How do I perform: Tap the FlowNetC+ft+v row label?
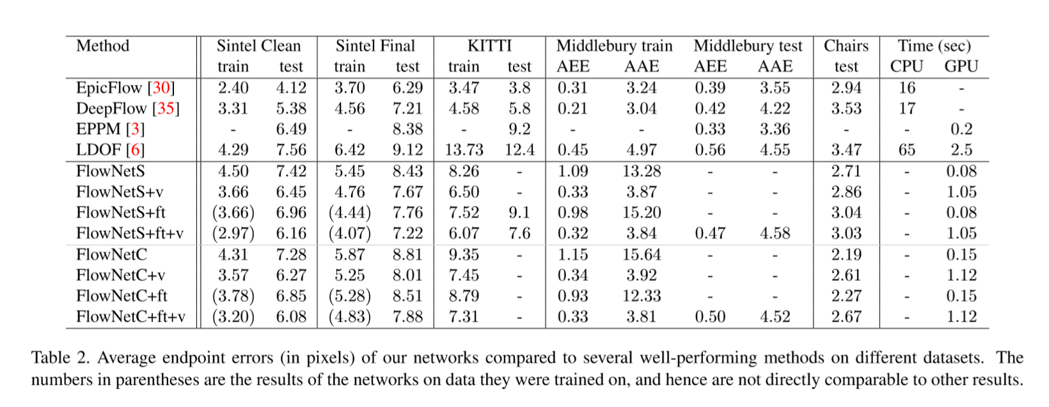pyautogui.click(x=130, y=316)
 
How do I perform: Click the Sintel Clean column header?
pyautogui.click(x=258, y=46)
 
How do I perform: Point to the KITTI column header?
pyautogui.click(x=489, y=46)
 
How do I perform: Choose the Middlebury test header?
pyautogui.click(x=747, y=46)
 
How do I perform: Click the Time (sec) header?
pyautogui.click(x=934, y=46)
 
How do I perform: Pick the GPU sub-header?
pyautogui.click(x=961, y=67)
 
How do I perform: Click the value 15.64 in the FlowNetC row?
pyautogui.click(x=642, y=254)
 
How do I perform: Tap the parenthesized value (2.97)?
pyautogui.click(x=233, y=233)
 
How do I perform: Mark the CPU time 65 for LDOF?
pyautogui.click(x=906, y=150)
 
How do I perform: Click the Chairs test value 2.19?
pyautogui.click(x=846, y=254)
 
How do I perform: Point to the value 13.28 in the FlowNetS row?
pyautogui.click(x=642, y=171)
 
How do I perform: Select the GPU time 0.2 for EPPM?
pyautogui.click(x=961, y=129)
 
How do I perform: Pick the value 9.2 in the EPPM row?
pyautogui.click(x=519, y=129)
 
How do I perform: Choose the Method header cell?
pyautogui.click(x=102, y=46)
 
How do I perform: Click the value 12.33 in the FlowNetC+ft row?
pyautogui.click(x=642, y=296)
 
